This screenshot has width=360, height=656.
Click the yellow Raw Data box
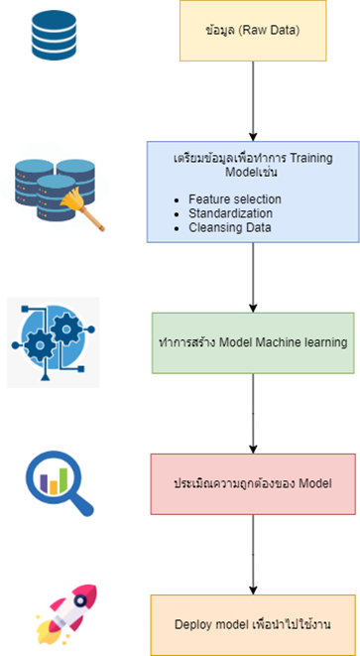coord(253,29)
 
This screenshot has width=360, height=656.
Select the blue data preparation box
coord(253,191)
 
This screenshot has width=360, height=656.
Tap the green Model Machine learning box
coord(253,342)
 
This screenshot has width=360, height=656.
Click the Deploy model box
coord(253,624)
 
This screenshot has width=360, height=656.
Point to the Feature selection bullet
coord(234,198)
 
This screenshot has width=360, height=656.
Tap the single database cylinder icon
coord(54,36)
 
